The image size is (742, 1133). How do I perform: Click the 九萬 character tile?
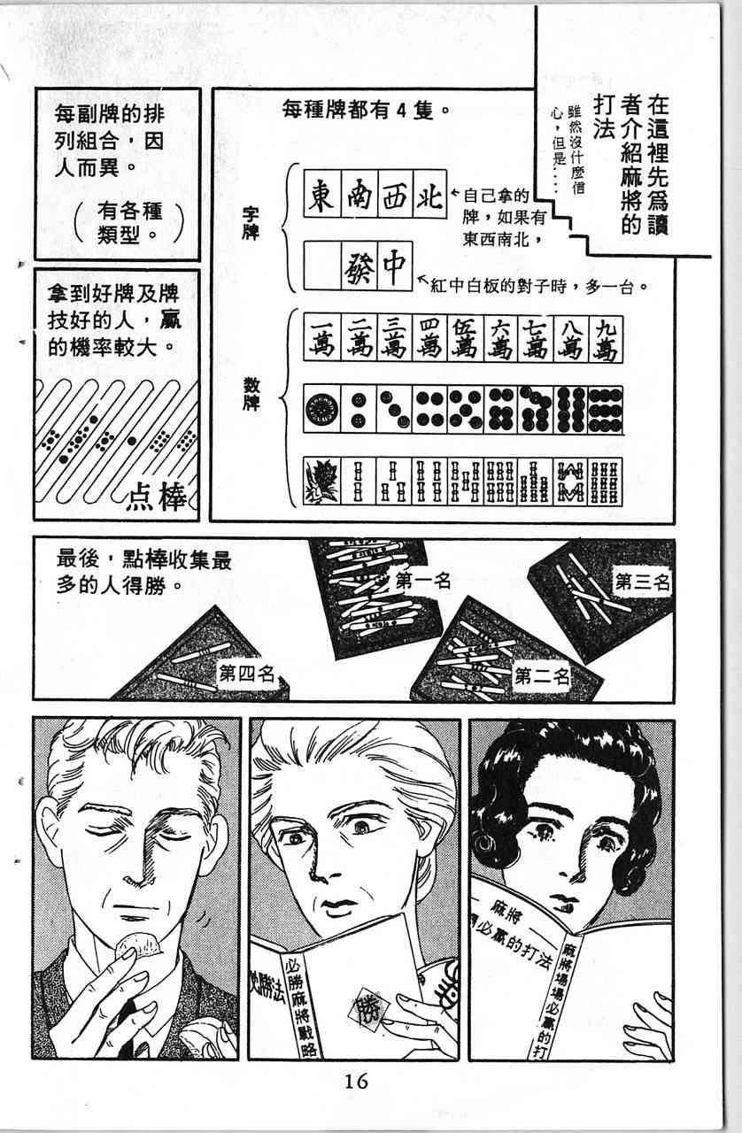[606, 339]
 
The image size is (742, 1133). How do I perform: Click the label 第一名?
[422, 582]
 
